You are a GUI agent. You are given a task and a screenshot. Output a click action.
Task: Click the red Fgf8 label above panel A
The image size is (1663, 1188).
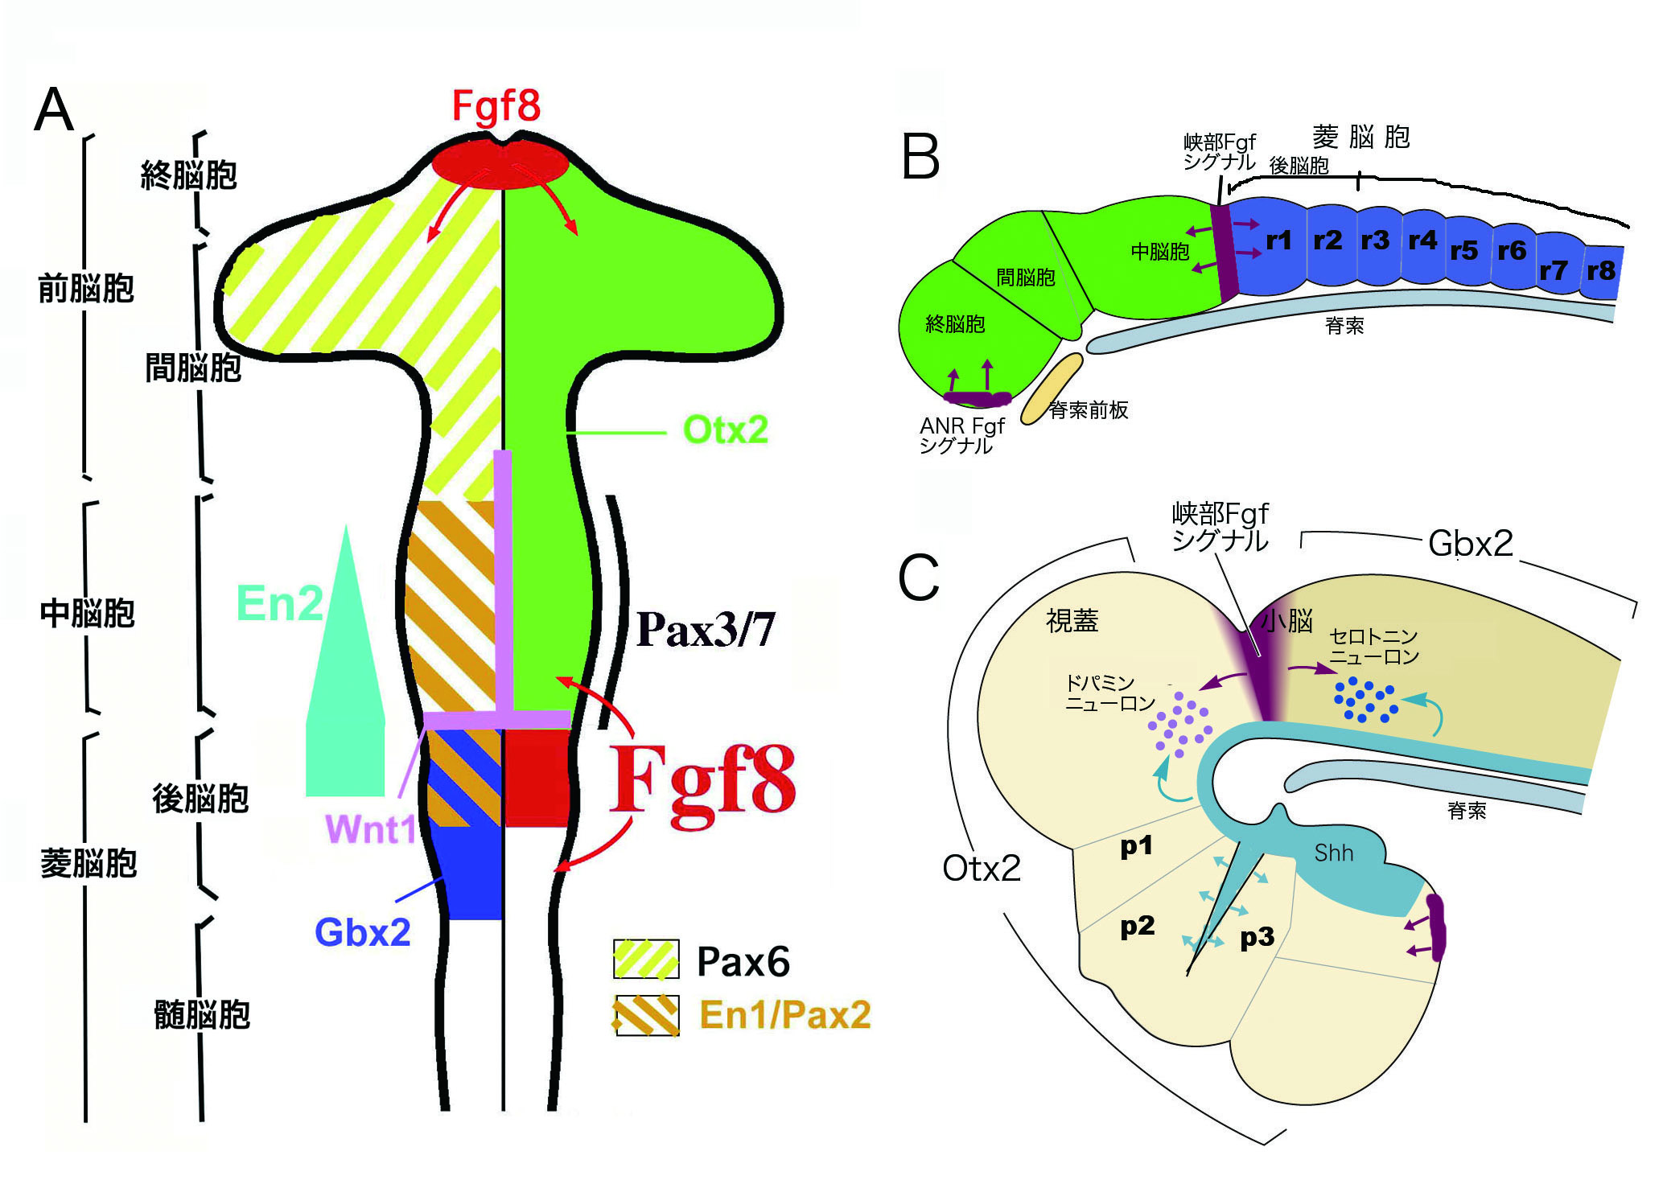click(x=496, y=106)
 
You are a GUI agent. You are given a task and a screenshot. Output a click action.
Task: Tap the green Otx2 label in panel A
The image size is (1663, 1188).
click(x=725, y=430)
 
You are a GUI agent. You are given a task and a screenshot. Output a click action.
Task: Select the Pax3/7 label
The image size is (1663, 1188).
click(x=705, y=629)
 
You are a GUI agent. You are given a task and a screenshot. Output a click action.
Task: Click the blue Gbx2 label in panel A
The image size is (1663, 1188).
click(x=362, y=932)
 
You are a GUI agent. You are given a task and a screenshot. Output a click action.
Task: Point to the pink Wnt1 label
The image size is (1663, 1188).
click(x=371, y=828)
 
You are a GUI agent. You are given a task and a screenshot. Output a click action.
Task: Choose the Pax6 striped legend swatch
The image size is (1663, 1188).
click(x=645, y=960)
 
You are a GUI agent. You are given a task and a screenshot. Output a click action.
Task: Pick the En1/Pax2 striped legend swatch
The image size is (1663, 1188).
click(x=645, y=1015)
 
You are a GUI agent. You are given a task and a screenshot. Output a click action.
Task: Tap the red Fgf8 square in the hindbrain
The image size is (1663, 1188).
click(x=537, y=777)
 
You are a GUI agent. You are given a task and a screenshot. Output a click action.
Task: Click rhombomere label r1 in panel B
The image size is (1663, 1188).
click(x=1278, y=240)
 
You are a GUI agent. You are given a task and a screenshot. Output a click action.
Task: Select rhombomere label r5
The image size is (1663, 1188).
click(x=1463, y=251)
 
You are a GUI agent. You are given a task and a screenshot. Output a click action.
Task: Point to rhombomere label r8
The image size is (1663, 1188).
click(x=1600, y=270)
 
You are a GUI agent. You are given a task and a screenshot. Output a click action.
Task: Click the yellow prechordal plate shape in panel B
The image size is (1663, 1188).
click(x=1052, y=388)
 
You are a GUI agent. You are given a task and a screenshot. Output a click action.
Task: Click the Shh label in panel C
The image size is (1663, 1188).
click(x=1333, y=853)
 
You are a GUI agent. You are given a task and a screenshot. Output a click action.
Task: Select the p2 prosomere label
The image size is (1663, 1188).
click(x=1137, y=926)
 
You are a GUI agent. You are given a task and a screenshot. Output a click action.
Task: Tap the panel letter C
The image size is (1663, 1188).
click(x=918, y=578)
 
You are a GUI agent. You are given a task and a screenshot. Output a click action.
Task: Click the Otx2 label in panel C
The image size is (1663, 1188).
click(x=982, y=869)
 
